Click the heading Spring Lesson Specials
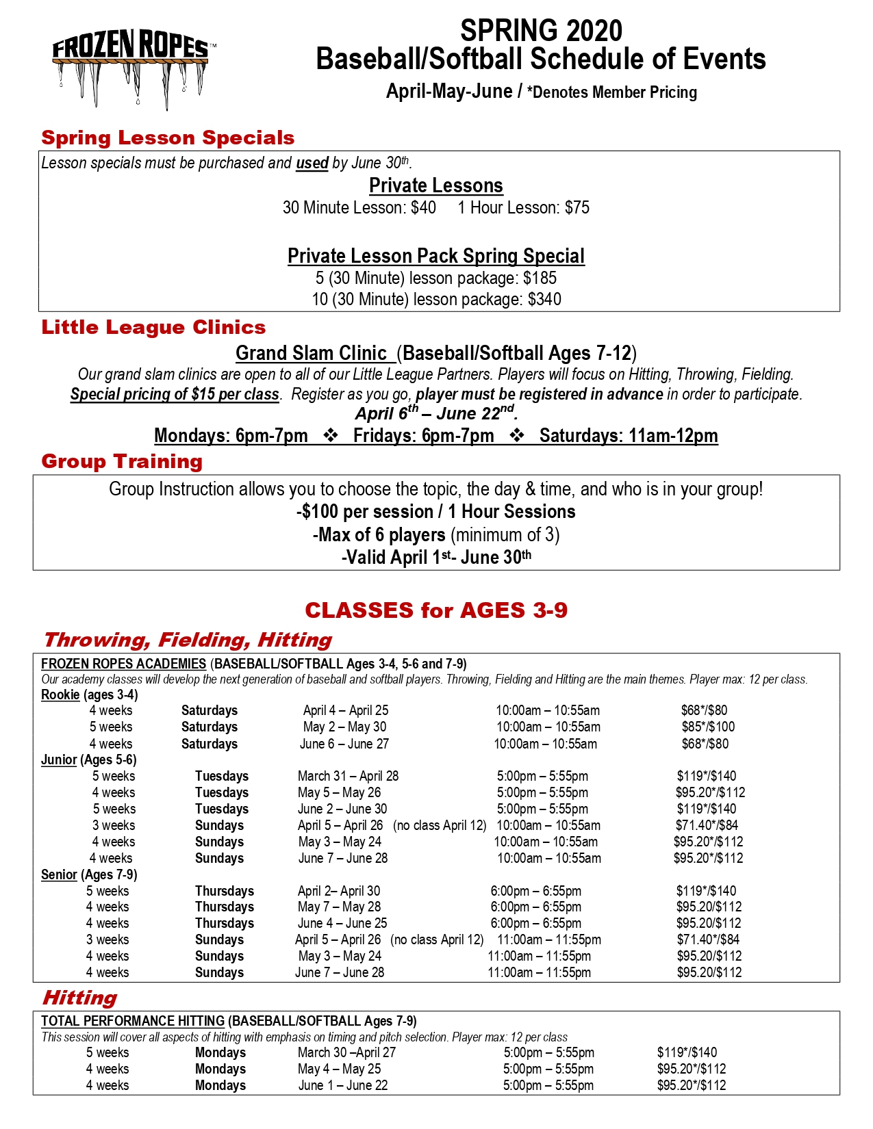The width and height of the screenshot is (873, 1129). [168, 138]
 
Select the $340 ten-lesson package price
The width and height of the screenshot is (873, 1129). [544, 299]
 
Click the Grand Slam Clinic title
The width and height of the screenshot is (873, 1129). [312, 353]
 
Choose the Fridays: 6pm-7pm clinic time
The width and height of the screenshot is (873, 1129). [423, 436]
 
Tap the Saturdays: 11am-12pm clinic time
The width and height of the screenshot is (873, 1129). [629, 436]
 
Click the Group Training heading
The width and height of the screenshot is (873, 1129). [122, 461]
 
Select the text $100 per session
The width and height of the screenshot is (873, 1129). [366, 512]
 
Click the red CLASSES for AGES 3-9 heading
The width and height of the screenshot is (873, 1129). [436, 610]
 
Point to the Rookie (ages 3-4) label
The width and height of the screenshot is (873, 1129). [89, 695]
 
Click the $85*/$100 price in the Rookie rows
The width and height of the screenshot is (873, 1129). [708, 727]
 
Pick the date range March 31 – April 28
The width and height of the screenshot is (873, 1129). [348, 776]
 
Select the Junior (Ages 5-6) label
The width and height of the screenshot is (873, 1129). [89, 760]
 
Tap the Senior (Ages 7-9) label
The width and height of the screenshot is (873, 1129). [89, 874]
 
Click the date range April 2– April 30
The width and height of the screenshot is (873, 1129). [339, 891]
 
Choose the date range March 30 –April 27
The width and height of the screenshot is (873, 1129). [346, 1052]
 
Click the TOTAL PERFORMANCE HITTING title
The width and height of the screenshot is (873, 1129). [133, 1021]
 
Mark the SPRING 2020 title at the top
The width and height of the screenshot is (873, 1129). [541, 31]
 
